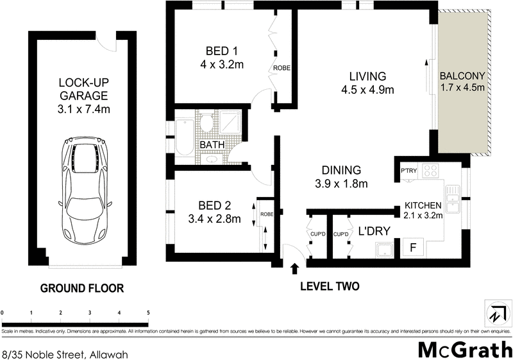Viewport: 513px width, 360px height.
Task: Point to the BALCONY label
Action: [462, 75]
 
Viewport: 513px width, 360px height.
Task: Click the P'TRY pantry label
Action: [409, 170]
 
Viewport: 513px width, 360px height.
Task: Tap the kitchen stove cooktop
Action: [431, 171]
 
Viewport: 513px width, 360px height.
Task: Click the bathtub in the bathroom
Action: [184, 135]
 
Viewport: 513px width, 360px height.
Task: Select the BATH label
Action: [212, 145]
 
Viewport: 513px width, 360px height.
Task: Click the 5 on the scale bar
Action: [149, 313]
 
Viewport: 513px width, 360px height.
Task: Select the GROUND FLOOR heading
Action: [81, 288]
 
